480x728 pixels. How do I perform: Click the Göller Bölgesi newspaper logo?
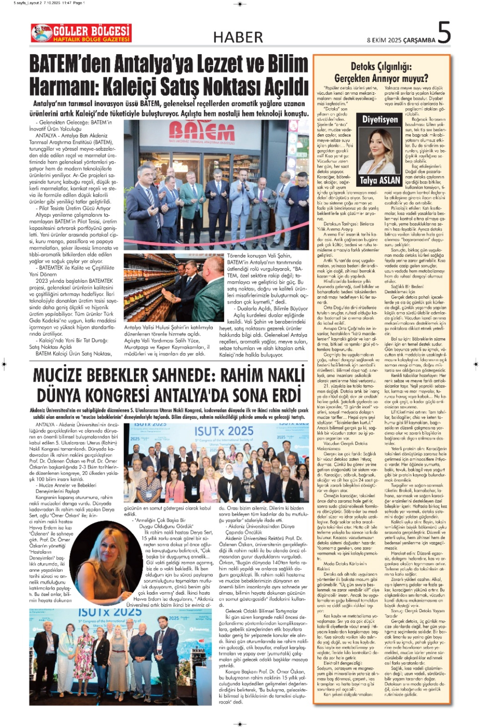click(x=81, y=33)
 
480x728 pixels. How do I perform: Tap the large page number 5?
click(x=444, y=33)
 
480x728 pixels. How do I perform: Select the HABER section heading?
click(x=238, y=37)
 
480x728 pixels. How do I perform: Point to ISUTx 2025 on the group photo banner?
click(x=224, y=431)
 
